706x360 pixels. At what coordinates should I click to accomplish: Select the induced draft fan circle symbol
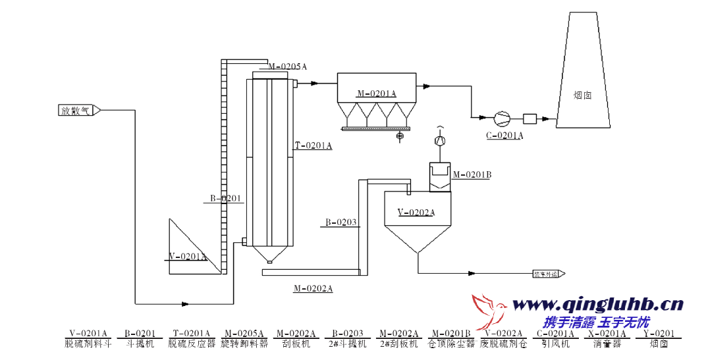(502, 118)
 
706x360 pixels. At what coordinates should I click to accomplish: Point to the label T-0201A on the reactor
(313, 145)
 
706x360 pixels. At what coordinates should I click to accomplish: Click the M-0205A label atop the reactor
(288, 66)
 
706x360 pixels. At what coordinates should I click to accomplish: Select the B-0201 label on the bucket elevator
(226, 198)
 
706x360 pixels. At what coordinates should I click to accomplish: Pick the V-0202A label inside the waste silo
(416, 212)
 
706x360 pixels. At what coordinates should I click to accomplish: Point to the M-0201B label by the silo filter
(472, 174)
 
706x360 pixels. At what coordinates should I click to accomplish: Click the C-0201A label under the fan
(504, 136)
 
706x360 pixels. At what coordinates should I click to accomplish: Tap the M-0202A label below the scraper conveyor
(313, 288)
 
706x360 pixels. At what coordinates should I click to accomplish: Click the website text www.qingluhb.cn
(597, 304)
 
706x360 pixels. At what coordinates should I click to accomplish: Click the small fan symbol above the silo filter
(441, 141)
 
